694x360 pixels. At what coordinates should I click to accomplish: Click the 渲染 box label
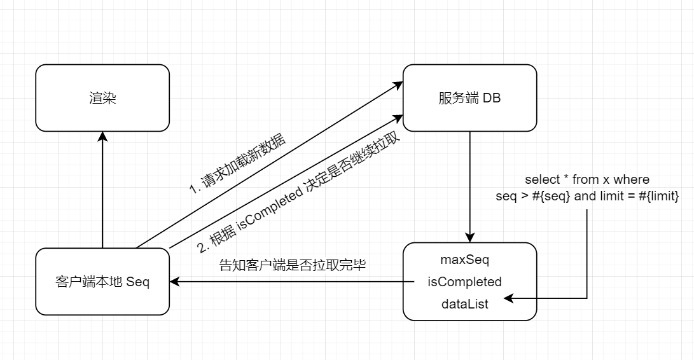tap(102, 99)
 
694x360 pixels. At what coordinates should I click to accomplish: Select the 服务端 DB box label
tap(469, 99)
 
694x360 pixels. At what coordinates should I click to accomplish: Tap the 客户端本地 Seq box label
tap(102, 282)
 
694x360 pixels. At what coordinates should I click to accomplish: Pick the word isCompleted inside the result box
tap(464, 282)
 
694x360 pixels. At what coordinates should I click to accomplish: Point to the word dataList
tap(464, 304)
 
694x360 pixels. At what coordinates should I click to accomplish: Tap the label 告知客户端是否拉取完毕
tap(292, 265)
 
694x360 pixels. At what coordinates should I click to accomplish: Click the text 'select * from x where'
tap(586, 180)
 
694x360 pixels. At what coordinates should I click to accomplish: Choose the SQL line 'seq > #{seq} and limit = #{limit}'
tap(586, 197)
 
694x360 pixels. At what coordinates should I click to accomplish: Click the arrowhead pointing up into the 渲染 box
tap(102, 135)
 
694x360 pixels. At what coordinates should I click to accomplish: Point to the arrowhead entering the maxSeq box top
tap(470, 238)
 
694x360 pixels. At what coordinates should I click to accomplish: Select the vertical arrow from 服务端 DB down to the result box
tap(470, 184)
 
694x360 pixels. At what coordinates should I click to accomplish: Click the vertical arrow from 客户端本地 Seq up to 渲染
tap(102, 191)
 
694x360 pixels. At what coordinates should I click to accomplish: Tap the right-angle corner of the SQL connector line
tap(586, 298)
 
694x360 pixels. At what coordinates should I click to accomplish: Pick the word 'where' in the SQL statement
tap(631, 180)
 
